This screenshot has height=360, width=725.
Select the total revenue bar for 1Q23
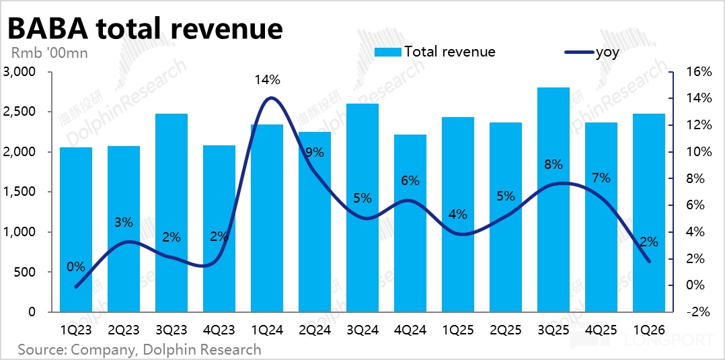pos(76,229)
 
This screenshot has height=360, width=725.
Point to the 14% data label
pos(267,79)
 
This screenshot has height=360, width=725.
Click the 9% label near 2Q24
pos(313,153)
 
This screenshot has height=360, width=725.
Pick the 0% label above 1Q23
pos(76,266)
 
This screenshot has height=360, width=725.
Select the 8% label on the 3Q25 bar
pos(553,165)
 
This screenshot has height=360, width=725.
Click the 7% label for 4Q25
pos(601,178)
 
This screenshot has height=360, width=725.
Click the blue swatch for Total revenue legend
pos(388,52)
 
